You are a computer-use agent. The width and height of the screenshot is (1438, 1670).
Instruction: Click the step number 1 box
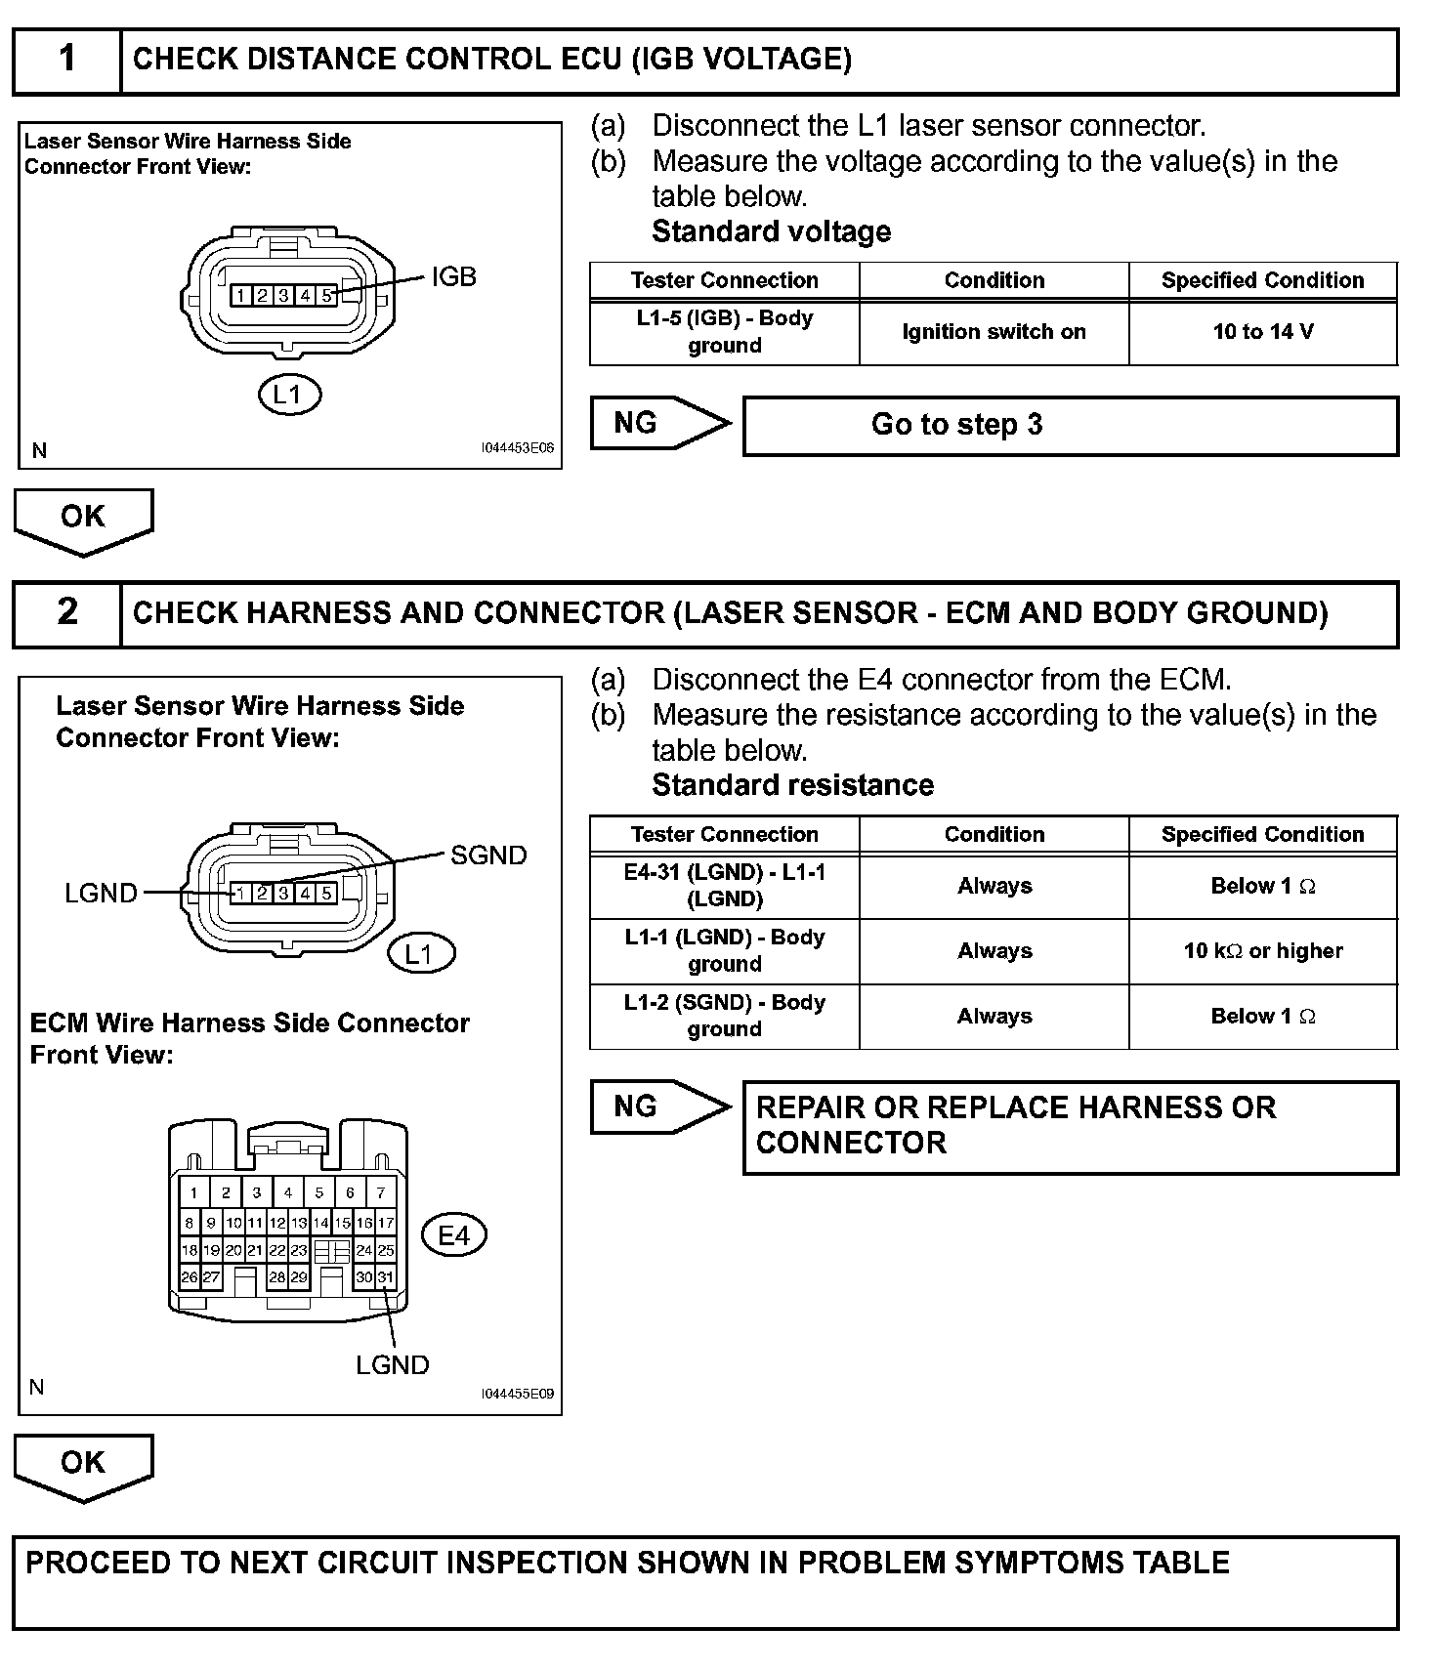[x=66, y=61]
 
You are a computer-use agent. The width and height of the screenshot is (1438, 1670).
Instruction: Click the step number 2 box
[x=66, y=613]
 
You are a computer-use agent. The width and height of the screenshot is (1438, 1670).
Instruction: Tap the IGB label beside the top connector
[x=453, y=277]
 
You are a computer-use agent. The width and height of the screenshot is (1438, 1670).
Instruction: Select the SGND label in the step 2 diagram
[x=488, y=856]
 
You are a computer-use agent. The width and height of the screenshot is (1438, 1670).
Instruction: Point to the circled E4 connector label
[x=453, y=1236]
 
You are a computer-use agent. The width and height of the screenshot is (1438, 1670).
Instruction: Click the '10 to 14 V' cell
[x=1262, y=332]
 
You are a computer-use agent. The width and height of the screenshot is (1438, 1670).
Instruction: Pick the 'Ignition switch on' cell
[x=994, y=332]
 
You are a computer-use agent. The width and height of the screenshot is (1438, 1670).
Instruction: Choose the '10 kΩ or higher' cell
[x=1262, y=951]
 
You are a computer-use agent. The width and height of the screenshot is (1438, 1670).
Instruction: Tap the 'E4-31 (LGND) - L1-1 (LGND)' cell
[x=724, y=886]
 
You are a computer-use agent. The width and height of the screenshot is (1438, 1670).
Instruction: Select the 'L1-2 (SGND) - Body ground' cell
[x=724, y=1016]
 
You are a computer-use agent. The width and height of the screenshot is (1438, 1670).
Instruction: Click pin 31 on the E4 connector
[x=386, y=1276]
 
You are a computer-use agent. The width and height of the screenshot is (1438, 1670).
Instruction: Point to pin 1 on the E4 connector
[x=194, y=1192]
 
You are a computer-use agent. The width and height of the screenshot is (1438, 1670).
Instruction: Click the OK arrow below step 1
[x=83, y=519]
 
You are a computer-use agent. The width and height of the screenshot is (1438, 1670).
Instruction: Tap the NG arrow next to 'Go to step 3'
[x=658, y=423]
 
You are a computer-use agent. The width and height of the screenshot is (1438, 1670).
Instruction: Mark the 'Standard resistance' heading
[x=792, y=785]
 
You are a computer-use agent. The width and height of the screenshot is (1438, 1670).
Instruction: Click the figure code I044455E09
[x=517, y=1394]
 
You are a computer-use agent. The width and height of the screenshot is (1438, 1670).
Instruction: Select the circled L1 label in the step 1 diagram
[x=289, y=395]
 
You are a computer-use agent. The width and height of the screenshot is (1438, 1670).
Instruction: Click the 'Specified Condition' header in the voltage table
[x=1262, y=280]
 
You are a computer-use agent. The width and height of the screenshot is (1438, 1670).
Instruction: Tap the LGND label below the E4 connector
[x=392, y=1365]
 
